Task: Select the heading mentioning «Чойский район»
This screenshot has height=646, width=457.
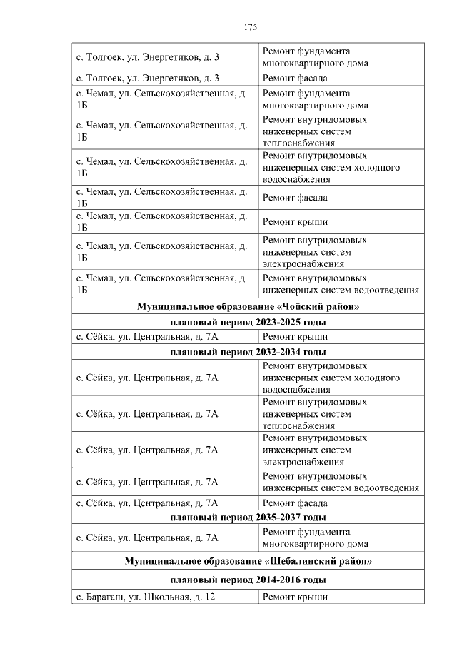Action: click(248, 307)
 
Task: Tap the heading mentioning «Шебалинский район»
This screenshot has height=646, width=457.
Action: click(248, 562)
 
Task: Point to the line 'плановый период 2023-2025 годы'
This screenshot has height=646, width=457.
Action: click(248, 323)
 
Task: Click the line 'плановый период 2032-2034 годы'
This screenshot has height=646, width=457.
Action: click(248, 352)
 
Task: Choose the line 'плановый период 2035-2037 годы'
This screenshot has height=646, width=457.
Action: click(248, 518)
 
